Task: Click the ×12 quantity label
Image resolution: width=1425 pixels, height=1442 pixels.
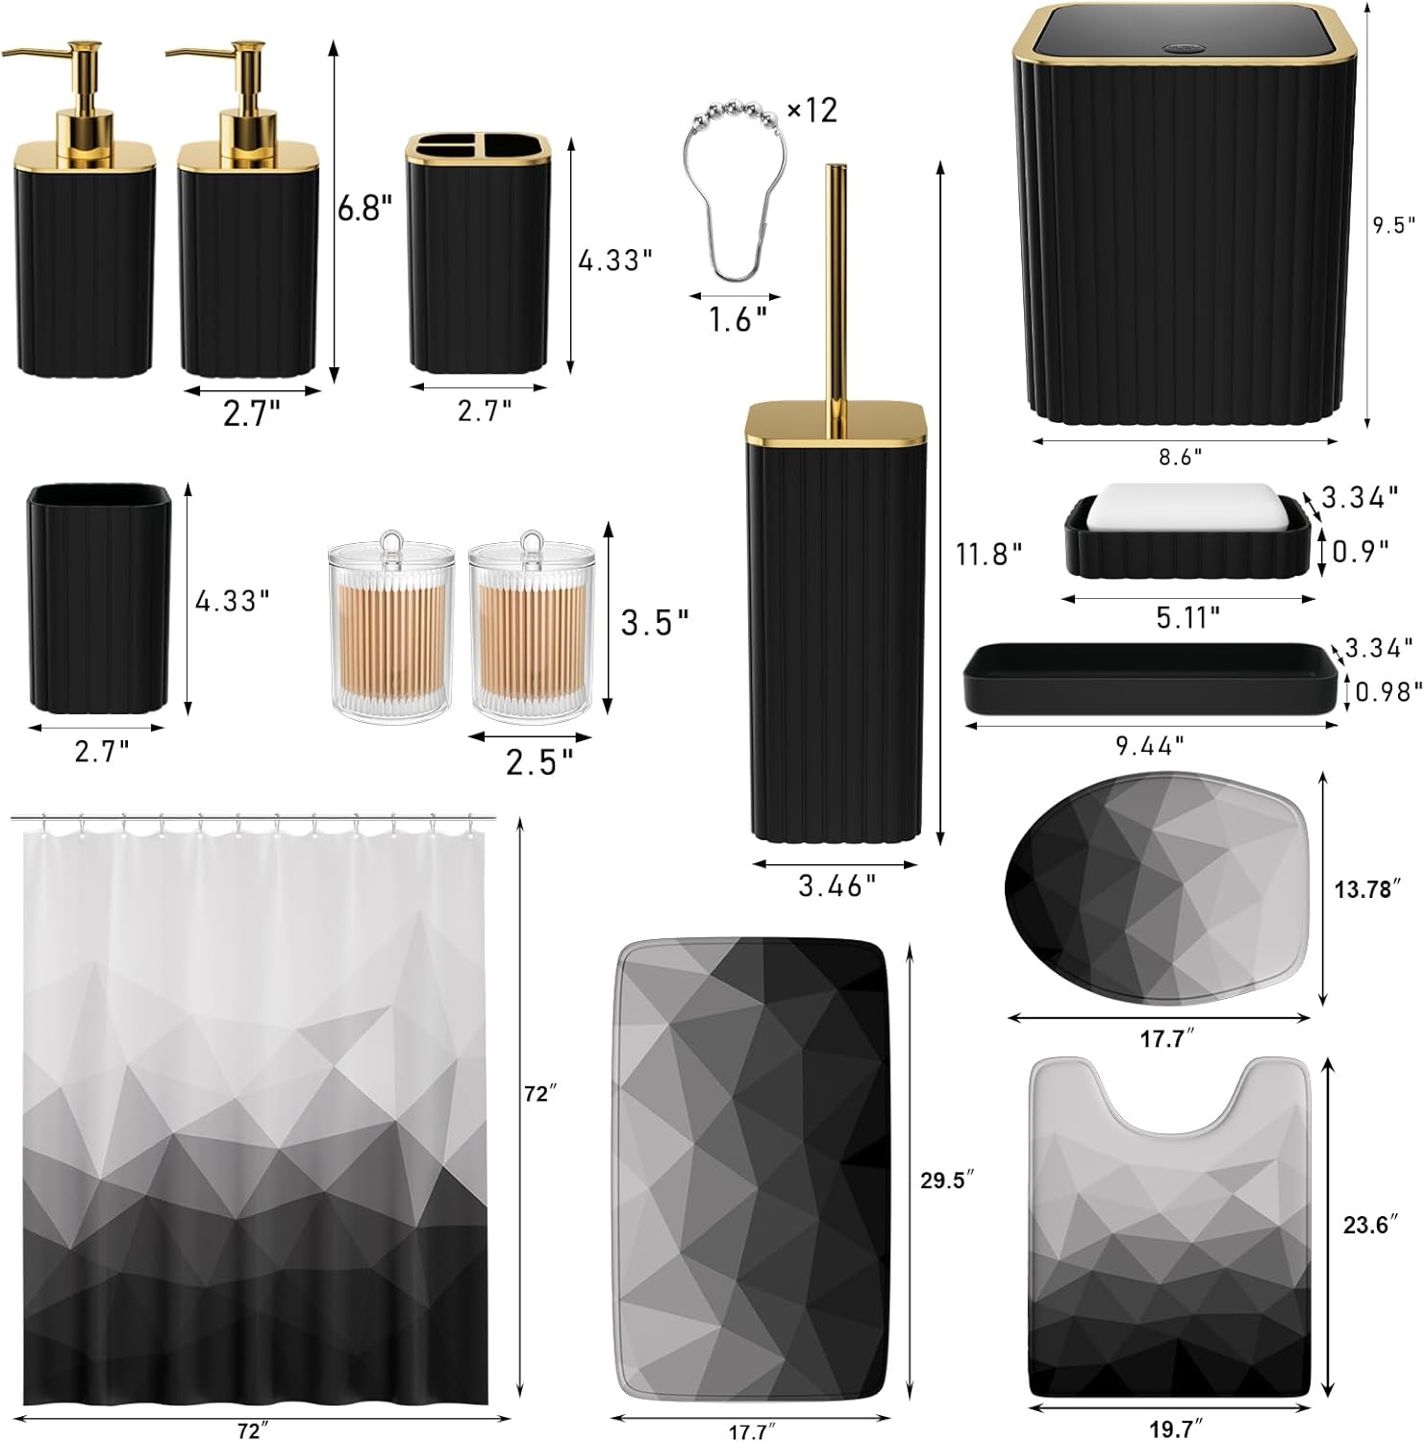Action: coord(812,111)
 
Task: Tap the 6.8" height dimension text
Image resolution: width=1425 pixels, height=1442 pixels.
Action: coord(364,209)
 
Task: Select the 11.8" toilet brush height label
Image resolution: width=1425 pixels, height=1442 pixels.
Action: coord(987,554)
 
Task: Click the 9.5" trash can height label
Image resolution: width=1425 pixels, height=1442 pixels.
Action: coord(1393,225)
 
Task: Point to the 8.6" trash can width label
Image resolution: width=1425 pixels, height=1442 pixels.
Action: coord(1180,458)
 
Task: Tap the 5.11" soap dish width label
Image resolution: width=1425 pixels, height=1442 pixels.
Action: coord(1187,616)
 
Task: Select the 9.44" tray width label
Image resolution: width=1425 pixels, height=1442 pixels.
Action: coord(1150,745)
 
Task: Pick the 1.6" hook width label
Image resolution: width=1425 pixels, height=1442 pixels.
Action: coord(737,319)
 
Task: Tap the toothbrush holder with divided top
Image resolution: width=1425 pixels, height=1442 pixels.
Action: coord(478,255)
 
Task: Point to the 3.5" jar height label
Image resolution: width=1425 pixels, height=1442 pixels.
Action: coord(654,622)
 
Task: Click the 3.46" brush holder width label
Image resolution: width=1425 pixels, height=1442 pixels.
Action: coord(837,885)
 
